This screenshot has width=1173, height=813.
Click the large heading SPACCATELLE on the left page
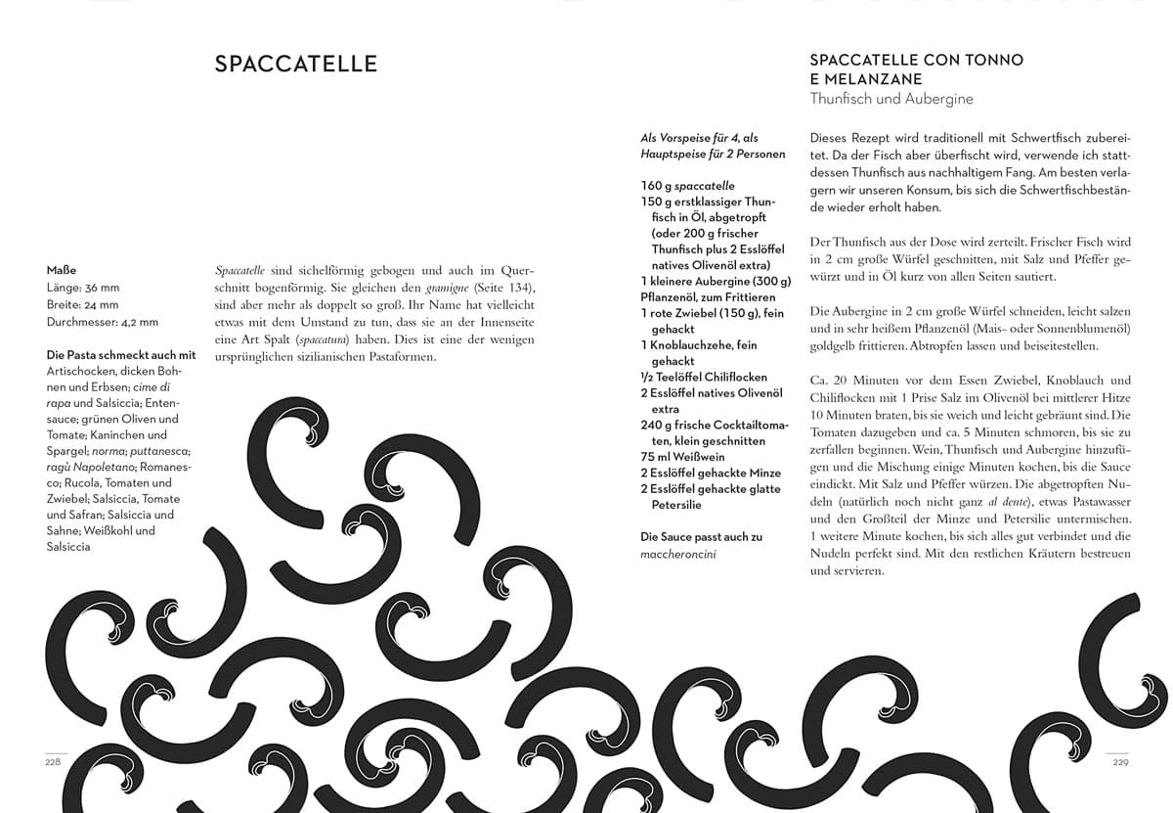point(295,65)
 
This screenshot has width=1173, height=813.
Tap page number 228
point(53,763)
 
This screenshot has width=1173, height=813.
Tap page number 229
point(1121,763)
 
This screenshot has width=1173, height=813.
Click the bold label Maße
point(61,270)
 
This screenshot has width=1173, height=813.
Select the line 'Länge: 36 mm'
point(82,288)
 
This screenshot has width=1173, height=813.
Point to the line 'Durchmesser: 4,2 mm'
point(102,321)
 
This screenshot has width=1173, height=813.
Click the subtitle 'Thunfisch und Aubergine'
point(891,99)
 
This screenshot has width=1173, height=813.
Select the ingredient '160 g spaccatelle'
point(687,186)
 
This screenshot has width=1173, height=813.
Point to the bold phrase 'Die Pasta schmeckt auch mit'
point(121,354)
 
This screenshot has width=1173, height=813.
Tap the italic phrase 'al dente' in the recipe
point(924,502)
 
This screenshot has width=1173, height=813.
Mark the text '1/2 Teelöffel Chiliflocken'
point(704,377)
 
